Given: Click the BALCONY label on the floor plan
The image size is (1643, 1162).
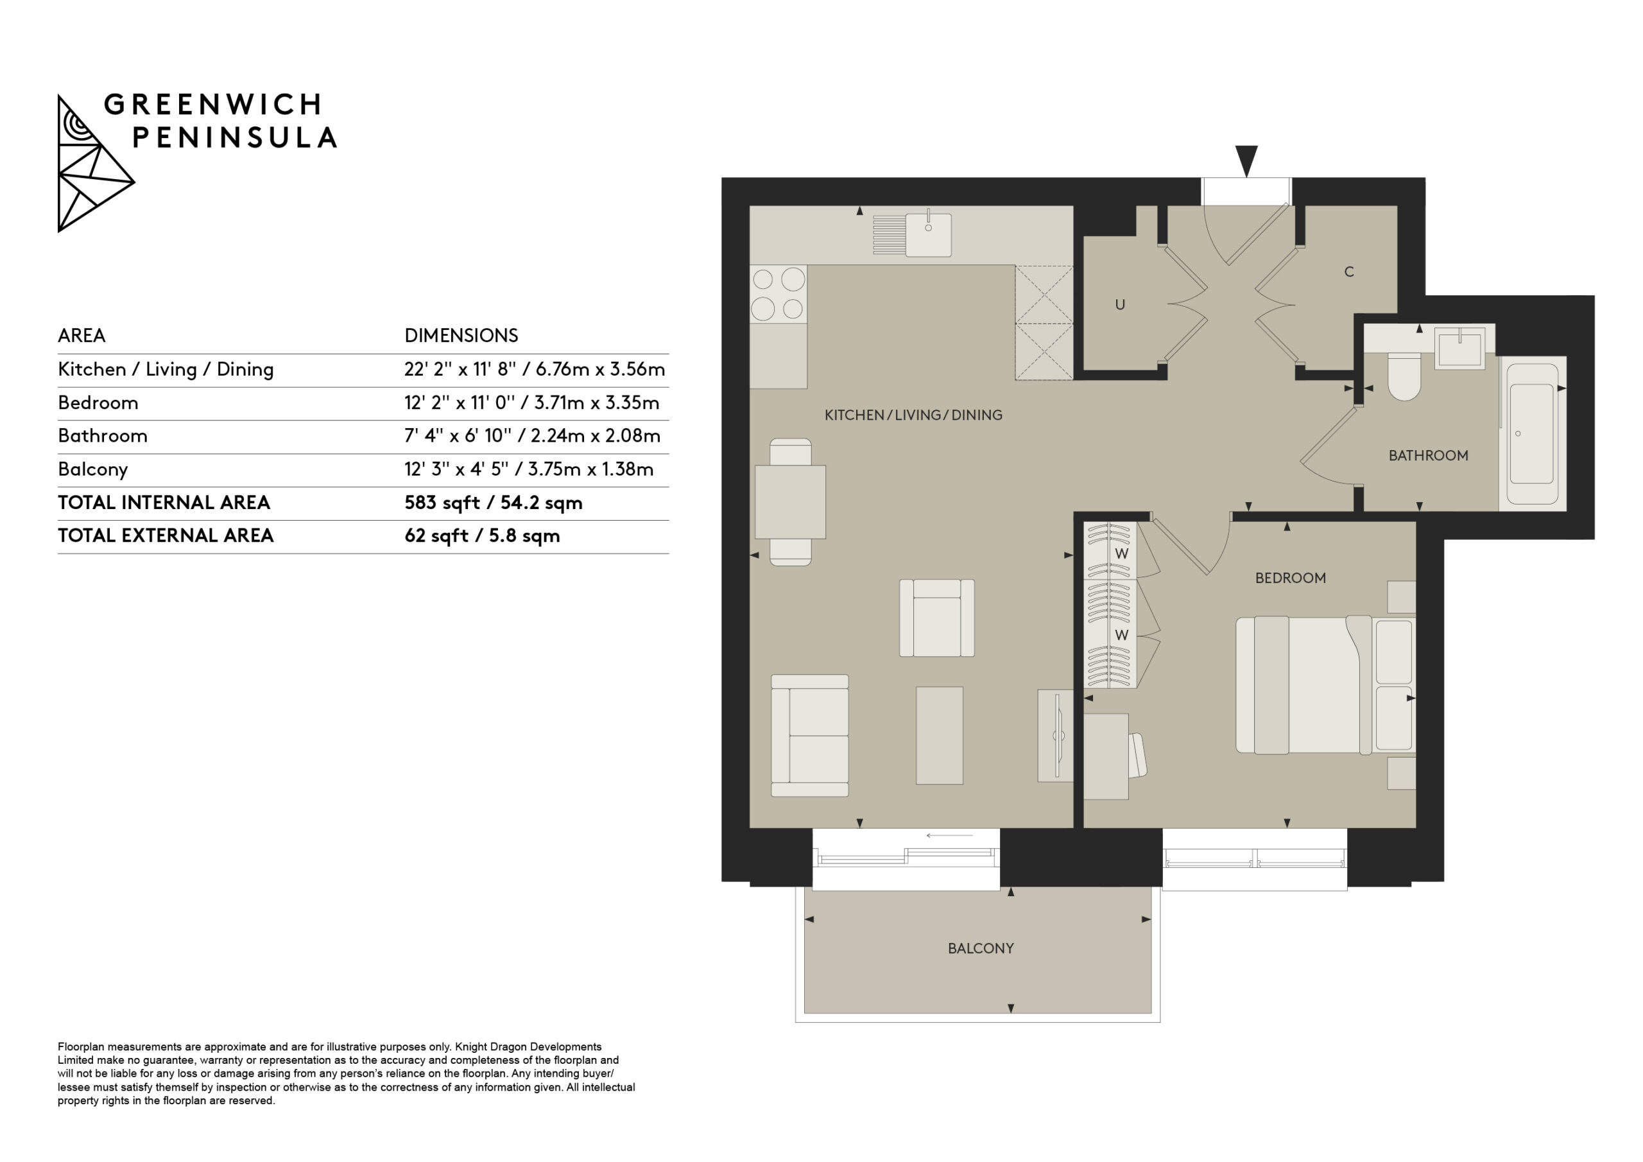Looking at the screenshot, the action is point(981,949).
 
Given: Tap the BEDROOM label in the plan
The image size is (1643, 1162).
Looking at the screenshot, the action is point(1290,578).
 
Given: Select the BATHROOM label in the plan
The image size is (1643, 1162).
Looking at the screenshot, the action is point(1429,455).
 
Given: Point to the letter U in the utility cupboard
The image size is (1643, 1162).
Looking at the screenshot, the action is point(1120,305).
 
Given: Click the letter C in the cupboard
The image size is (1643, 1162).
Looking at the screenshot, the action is point(1349,272).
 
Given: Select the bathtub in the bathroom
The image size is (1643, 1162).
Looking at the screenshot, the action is point(1532,434).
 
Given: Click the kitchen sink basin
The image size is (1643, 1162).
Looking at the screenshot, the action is point(928,235).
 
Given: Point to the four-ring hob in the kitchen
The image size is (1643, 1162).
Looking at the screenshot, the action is point(778,293).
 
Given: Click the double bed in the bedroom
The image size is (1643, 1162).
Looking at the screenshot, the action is point(1325,685).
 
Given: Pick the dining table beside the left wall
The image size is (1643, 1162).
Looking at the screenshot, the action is point(790,502).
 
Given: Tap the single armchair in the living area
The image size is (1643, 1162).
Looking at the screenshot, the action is point(937,618).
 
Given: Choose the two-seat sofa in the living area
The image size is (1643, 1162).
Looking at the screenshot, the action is point(810,735).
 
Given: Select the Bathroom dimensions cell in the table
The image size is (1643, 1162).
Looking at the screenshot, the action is point(531,436).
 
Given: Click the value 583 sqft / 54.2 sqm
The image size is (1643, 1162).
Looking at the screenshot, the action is point(493,503).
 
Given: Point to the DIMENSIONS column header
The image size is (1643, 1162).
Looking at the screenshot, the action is point(461,336).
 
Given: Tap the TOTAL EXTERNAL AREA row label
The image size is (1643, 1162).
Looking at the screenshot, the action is point(166,535).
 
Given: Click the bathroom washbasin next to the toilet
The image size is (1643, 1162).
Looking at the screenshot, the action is point(1460,349).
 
